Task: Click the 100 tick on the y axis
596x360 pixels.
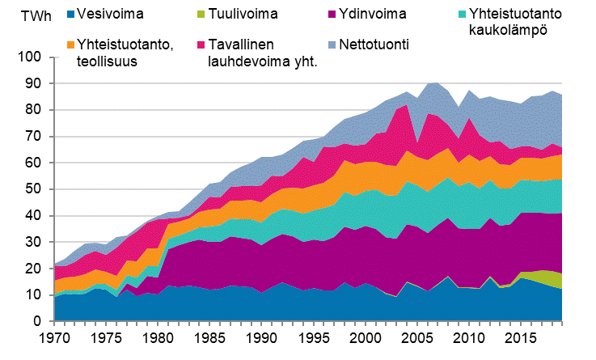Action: click(30, 57)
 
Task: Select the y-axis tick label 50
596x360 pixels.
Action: click(33, 189)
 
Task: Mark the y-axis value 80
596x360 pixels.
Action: click(33, 110)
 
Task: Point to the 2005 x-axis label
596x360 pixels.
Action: click(416, 336)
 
